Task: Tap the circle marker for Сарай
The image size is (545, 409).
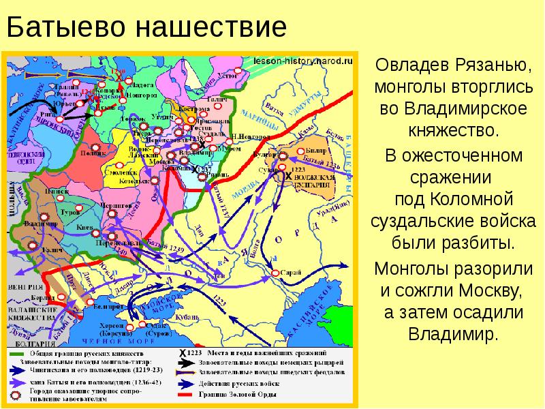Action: (275, 273)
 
